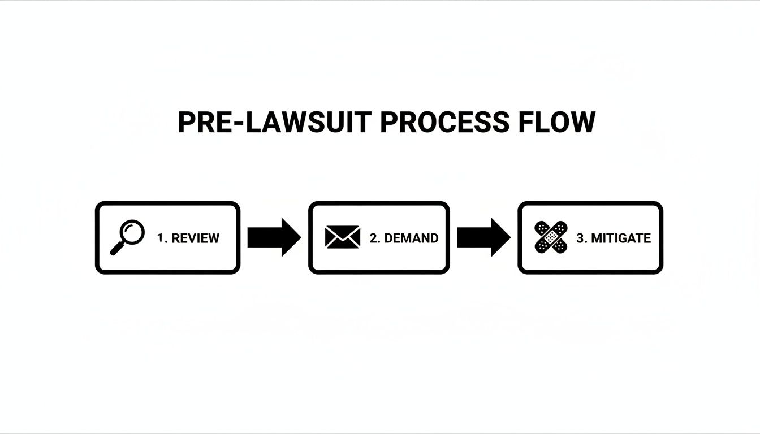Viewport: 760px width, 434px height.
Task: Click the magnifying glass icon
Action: coord(127,238)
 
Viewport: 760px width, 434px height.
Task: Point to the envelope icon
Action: coord(343,237)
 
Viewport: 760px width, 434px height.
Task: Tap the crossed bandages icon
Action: coord(551,237)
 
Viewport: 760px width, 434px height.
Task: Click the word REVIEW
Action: coord(195,238)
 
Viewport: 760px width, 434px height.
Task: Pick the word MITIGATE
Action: coord(621,238)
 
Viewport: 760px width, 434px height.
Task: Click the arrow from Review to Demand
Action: coord(274,237)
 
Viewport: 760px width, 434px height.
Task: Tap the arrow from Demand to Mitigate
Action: coord(483,237)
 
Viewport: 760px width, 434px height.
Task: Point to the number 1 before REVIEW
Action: coord(161,238)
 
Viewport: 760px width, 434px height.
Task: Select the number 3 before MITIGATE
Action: coord(580,238)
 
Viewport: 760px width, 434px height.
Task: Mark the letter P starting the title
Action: coord(187,123)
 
